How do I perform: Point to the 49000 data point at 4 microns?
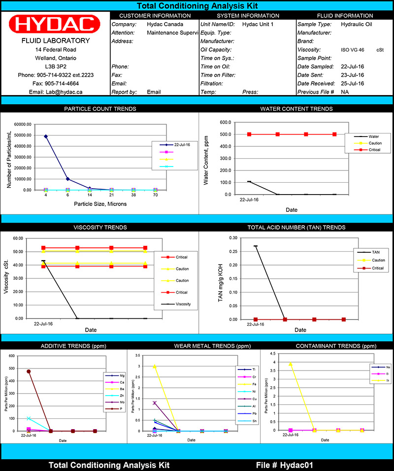coord(46,136)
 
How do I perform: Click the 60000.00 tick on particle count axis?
coord(22,124)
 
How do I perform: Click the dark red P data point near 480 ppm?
coord(29,371)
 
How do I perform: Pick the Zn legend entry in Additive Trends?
coord(115,396)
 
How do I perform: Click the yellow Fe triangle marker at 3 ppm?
coord(155,367)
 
